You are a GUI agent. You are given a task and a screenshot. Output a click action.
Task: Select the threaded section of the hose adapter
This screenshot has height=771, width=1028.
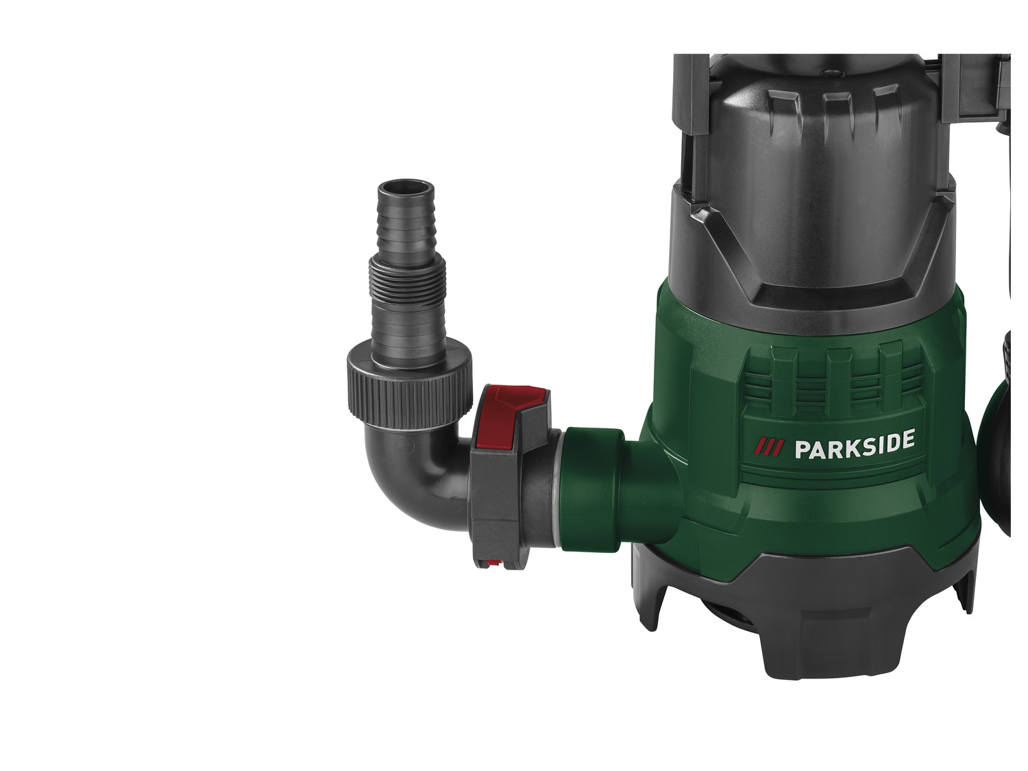coord(407,280)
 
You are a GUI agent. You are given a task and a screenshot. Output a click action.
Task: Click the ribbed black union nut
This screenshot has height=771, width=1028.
coord(409,390)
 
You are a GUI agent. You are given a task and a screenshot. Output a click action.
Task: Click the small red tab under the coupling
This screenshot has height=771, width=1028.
coord(493,563)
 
